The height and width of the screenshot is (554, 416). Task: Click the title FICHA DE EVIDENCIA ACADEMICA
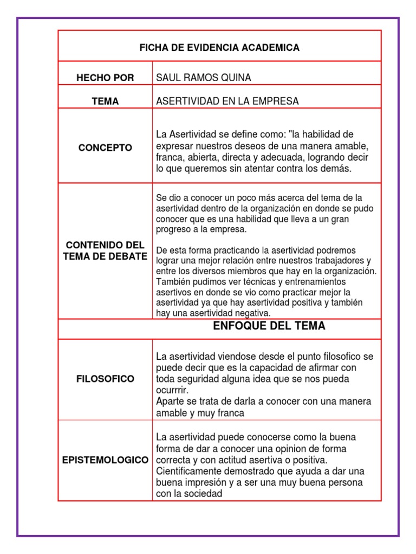pos(219,48)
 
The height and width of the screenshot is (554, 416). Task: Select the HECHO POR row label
pos(105,77)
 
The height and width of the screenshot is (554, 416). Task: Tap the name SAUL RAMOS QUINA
pos(204,77)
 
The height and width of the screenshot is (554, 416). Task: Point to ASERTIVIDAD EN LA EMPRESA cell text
pos(227,101)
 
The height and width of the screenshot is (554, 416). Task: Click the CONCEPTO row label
pos(105,148)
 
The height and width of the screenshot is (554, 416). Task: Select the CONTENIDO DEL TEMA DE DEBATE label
pos(105,251)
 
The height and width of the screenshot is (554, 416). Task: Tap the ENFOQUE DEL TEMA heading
pos(269,326)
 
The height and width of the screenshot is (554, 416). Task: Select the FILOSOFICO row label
pos(105,379)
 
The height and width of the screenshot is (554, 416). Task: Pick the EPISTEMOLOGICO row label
pos(105,460)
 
